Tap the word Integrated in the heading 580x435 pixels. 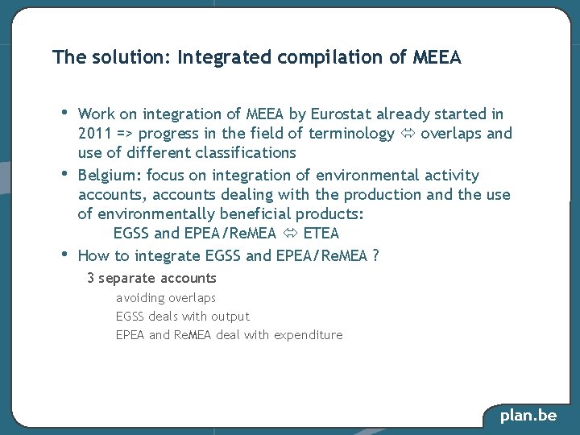click(225, 58)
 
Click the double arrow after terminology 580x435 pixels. click(408, 134)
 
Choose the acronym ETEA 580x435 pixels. click(321, 234)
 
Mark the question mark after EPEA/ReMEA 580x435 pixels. click(375, 256)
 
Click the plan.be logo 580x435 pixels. click(528, 416)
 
